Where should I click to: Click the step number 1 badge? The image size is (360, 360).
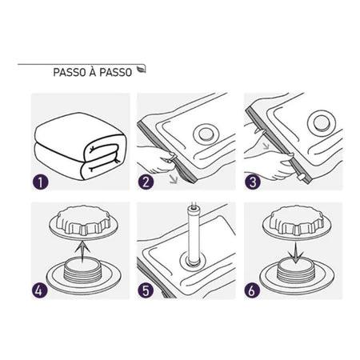coord(40,182)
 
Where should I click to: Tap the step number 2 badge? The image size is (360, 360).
coord(146,182)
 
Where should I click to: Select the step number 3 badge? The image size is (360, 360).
coord(253,182)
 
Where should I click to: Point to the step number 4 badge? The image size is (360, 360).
coord(40,290)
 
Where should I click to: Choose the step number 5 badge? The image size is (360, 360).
coord(146,290)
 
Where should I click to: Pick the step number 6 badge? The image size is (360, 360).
coord(252,290)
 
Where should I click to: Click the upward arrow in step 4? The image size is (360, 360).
coord(82,250)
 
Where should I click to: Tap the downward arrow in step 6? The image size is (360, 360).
coord(296,251)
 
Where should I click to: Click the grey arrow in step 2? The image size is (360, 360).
coord(174,179)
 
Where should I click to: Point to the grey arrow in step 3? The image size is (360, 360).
coord(266,145)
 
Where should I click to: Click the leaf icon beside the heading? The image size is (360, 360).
coord(141,70)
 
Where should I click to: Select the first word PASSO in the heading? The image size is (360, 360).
coord(70,72)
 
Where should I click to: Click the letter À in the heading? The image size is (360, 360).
coord(93,71)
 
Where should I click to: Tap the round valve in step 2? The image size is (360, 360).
coord(205,134)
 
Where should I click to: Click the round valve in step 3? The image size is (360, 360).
coord(322,122)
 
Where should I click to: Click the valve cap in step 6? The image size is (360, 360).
coord(297,222)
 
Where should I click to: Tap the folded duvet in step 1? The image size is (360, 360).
coord(80,146)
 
